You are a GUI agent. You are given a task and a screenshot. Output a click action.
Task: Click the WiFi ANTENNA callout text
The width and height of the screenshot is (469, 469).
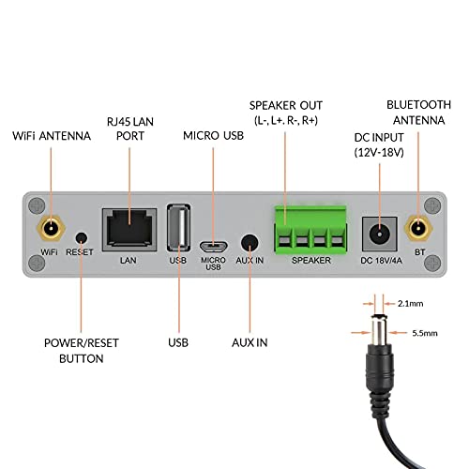coord(52,137)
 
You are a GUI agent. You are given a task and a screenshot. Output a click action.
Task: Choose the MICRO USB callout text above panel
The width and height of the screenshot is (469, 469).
coord(215,137)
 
